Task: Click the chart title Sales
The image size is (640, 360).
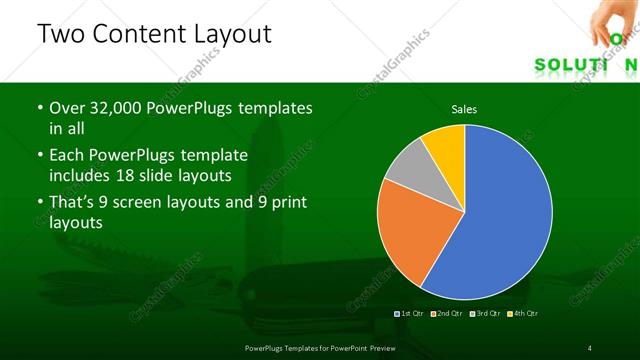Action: point(464,108)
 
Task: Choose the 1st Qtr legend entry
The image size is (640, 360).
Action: point(410,314)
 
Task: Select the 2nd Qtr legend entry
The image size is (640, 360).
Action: point(447,314)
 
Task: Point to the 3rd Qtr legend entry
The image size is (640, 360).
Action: point(485,314)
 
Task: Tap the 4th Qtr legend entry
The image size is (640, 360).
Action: point(522,314)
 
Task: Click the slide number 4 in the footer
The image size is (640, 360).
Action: point(589,347)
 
